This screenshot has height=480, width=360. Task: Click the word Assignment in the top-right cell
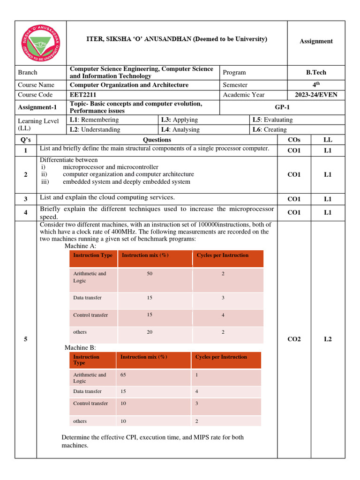click(316, 41)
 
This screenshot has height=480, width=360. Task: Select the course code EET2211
click(84, 95)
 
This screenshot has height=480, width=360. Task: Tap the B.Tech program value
click(315, 72)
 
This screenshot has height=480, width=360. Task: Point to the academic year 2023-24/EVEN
click(315, 95)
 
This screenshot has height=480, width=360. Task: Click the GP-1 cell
click(283, 107)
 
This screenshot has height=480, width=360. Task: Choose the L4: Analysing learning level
click(180, 129)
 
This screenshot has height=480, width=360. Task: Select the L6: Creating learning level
click(270, 129)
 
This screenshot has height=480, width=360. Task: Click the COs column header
click(294, 140)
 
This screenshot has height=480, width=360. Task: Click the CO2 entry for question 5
click(294, 339)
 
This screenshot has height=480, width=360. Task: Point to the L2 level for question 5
click(327, 339)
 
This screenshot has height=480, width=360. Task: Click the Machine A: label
click(80, 246)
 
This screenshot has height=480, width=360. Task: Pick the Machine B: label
click(80, 347)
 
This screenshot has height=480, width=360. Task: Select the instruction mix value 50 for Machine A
click(150, 273)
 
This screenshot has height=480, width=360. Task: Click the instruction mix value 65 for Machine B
click(123, 375)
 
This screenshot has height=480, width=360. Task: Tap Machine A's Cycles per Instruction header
click(223, 255)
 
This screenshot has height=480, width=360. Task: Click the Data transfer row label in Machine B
click(87, 391)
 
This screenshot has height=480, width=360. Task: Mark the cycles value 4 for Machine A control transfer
click(223, 315)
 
